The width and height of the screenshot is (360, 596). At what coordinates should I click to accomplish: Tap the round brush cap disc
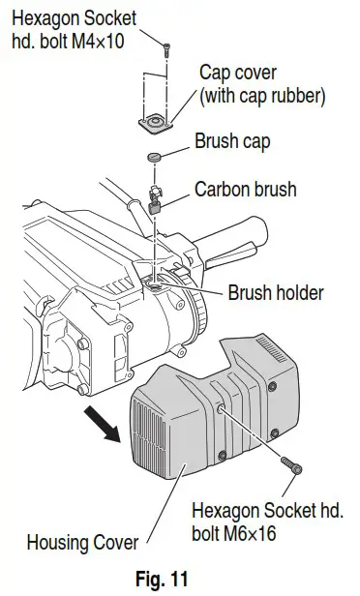point(156,158)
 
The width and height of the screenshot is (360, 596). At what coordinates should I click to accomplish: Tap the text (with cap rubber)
point(261,96)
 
